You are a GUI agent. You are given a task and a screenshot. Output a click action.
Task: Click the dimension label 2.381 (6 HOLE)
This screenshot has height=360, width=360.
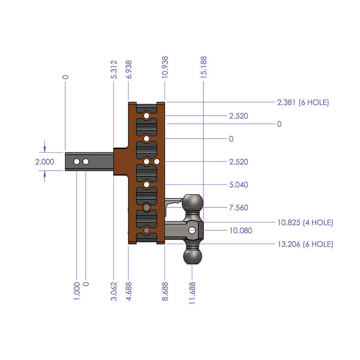[303, 102]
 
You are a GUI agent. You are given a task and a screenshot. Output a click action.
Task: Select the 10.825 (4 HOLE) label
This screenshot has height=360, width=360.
[305, 222]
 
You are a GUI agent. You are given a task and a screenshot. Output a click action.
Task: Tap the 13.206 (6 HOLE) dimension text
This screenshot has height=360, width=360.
[305, 244]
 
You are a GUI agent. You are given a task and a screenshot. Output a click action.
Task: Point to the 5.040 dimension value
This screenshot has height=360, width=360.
[238, 185]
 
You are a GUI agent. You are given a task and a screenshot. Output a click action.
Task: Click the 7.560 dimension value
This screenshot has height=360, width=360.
[238, 208]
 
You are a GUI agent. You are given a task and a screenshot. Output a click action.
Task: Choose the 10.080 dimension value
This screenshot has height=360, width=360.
[240, 231]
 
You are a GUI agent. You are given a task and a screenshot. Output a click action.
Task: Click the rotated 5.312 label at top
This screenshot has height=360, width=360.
[114, 70]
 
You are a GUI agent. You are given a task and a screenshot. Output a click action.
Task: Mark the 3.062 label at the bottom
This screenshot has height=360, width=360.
[113, 291]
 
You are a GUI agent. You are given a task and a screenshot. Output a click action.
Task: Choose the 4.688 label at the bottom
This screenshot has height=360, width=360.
[129, 291]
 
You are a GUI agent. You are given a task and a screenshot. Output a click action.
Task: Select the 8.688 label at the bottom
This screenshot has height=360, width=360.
[165, 291]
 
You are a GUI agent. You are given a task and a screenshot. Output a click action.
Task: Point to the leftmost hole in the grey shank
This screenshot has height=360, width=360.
[77, 161]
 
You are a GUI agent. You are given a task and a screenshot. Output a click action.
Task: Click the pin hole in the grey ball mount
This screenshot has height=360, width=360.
[193, 230]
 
